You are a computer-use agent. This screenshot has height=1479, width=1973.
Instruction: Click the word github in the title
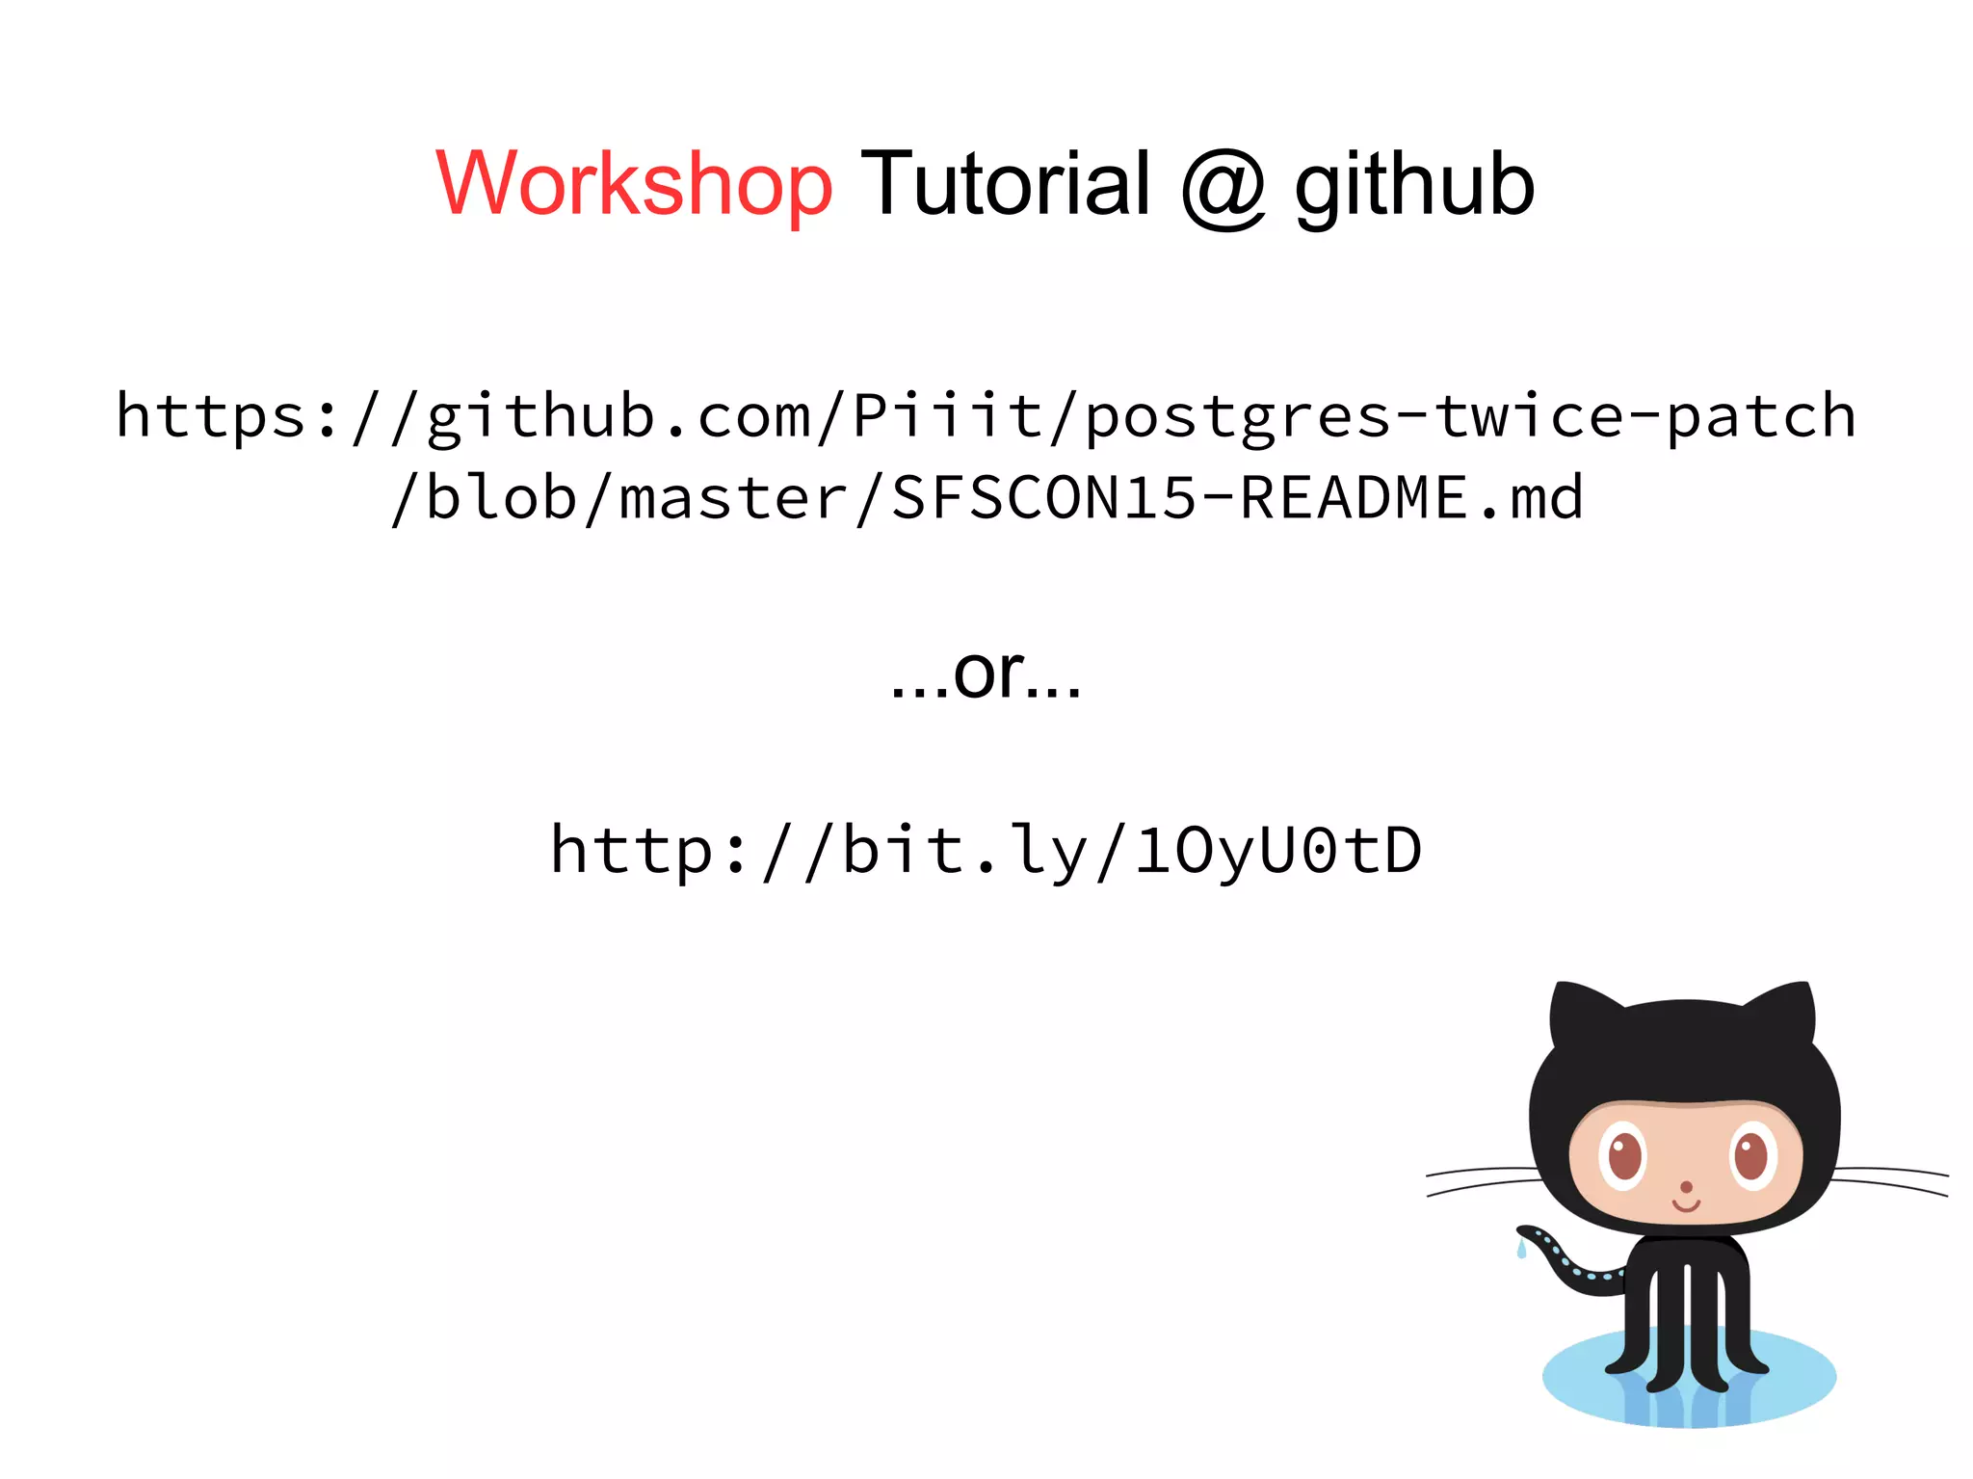tap(1413, 185)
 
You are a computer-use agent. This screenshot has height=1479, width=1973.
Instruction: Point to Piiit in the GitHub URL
tap(948, 416)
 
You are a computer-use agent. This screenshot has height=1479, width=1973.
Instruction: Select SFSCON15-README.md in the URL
tap(1237, 498)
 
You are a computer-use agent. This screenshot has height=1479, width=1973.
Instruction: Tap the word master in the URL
tap(732, 498)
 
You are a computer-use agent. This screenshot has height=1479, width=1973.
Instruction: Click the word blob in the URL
tap(501, 498)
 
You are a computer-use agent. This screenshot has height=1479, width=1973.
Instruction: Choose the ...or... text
tap(986, 673)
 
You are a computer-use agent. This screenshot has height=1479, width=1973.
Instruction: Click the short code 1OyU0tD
tap(1277, 851)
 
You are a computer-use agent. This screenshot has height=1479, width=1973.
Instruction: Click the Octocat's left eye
tap(1625, 1155)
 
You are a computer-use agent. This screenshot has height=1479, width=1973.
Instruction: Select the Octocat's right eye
tap(1751, 1155)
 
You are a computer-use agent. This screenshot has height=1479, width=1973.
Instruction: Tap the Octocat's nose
tap(1686, 1187)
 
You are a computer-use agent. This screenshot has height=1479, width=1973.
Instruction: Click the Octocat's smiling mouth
tap(1686, 1205)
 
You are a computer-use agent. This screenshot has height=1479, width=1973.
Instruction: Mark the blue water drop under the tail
tap(1521, 1251)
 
